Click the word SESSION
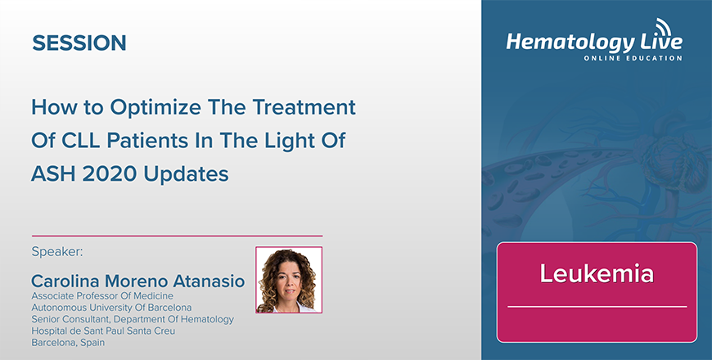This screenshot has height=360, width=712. tap(79, 43)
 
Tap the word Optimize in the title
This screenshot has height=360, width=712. tap(155, 108)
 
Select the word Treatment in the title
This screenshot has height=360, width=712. tap(304, 107)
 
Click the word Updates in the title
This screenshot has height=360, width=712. tap(186, 175)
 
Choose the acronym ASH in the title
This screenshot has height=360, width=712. tap(52, 174)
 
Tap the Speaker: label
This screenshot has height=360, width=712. tap(57, 252)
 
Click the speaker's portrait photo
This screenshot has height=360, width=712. tap(289, 280)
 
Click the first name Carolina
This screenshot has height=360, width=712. tap(65, 281)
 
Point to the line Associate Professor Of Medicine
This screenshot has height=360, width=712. tap(102, 296)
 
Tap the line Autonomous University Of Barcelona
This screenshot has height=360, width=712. tap(111, 308)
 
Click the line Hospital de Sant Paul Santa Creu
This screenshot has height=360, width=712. tap(103, 331)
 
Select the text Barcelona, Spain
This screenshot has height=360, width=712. tap(68, 343)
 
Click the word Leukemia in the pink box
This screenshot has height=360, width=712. tap(597, 273)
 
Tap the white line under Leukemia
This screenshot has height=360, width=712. tap(597, 307)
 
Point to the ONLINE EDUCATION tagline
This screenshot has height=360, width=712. tap(633, 58)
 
